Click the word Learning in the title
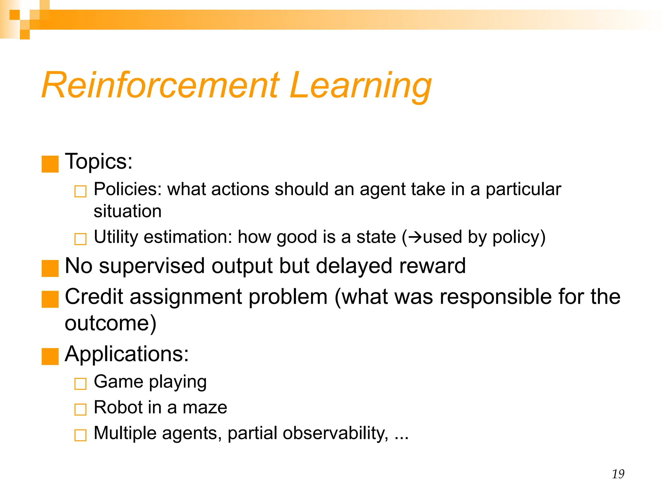click(x=360, y=85)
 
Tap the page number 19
click(x=618, y=474)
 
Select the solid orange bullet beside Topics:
click(x=50, y=164)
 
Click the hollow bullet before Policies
click(x=80, y=191)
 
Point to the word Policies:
click(x=127, y=189)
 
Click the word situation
click(x=127, y=212)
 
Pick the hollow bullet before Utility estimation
click(x=80, y=239)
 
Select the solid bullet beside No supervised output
click(x=50, y=268)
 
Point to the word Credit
click(x=94, y=296)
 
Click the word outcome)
click(x=110, y=323)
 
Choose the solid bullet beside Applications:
click(x=50, y=356)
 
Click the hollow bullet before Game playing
click(x=80, y=384)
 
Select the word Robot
click(x=118, y=407)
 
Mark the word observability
click(x=335, y=433)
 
